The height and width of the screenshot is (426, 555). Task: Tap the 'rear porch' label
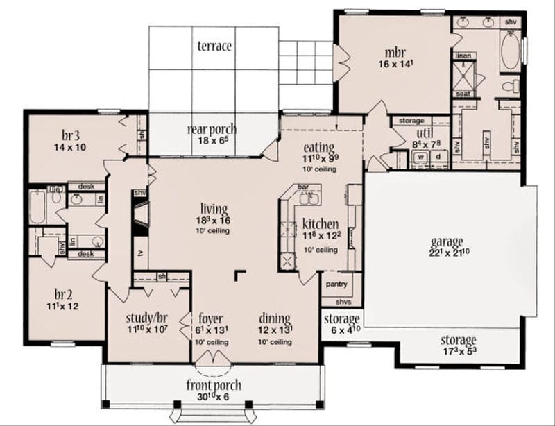tap(212, 129)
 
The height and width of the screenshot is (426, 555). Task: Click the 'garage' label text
tap(446, 241)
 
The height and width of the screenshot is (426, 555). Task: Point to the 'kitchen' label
tap(320, 223)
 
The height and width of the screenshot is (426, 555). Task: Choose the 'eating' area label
tap(318, 146)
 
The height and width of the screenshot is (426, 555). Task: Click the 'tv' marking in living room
tap(140, 254)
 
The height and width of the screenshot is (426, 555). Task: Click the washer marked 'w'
tap(420, 157)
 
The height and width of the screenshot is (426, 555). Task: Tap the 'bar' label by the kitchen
tap(303, 187)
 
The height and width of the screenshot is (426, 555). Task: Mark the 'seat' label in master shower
tap(463, 94)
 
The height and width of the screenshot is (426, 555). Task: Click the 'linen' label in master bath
tap(463, 54)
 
